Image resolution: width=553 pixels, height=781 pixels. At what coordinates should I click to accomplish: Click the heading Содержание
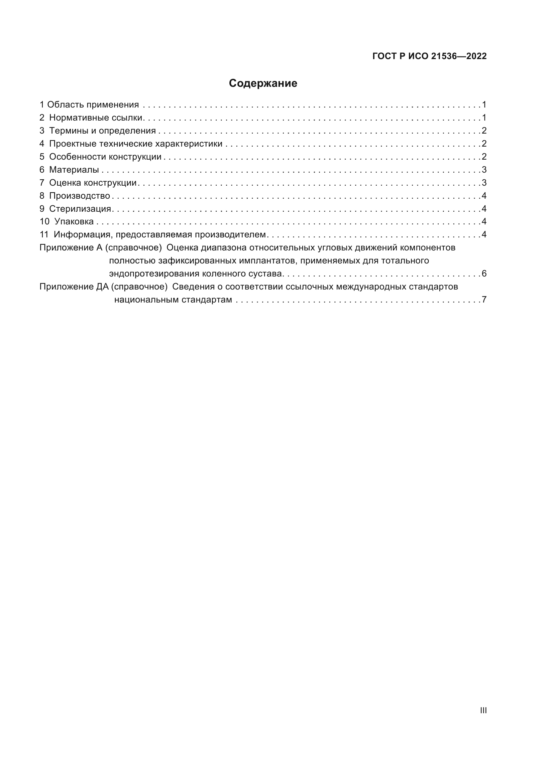click(x=263, y=83)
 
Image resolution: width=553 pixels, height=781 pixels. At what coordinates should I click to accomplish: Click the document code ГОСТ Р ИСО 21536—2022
click(x=429, y=56)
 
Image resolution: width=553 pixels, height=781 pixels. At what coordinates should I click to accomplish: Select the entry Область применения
click(x=93, y=105)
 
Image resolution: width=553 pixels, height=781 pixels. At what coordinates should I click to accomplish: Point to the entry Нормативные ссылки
click(x=96, y=118)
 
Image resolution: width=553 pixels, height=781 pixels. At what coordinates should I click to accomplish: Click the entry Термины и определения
click(x=102, y=131)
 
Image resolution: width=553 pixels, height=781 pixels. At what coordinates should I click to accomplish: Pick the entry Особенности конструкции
click(x=105, y=157)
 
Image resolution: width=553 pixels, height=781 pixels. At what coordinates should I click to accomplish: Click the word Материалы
click(x=74, y=170)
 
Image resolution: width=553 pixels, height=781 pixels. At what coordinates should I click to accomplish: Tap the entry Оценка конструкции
click(x=93, y=183)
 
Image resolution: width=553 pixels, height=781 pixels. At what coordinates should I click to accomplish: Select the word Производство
click(x=79, y=196)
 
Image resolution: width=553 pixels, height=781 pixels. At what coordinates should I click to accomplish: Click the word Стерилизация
click(x=80, y=209)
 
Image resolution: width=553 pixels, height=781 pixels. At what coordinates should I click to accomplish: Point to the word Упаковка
click(x=74, y=222)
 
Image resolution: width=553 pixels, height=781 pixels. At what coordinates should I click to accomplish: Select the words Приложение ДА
click(x=74, y=287)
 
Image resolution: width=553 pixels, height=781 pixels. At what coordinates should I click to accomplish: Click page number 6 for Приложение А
click(x=484, y=274)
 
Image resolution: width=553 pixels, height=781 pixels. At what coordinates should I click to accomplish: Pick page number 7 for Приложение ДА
click(x=484, y=300)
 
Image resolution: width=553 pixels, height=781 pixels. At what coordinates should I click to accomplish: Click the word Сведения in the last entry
click(x=193, y=287)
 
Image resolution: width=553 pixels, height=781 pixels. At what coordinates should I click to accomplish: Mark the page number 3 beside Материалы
click(x=484, y=170)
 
